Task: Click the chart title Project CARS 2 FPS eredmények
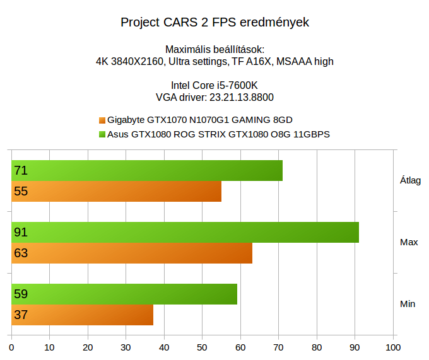(x=214, y=23)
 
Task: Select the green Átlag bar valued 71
(x=147, y=171)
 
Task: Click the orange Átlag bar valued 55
(x=117, y=192)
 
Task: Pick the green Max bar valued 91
(x=185, y=232)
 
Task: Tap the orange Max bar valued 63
(x=132, y=253)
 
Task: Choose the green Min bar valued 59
(x=124, y=294)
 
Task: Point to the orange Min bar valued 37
(x=82, y=315)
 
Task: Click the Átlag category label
(x=410, y=180)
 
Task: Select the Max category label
(x=409, y=242)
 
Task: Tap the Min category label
(x=408, y=304)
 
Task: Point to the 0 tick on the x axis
(x=11, y=347)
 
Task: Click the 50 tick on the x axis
(x=203, y=347)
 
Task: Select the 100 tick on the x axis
(x=393, y=347)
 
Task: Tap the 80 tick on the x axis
(x=317, y=347)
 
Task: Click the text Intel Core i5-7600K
(x=214, y=86)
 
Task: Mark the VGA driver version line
(x=214, y=97)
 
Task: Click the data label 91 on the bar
(x=21, y=233)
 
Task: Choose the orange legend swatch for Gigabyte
(x=102, y=120)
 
